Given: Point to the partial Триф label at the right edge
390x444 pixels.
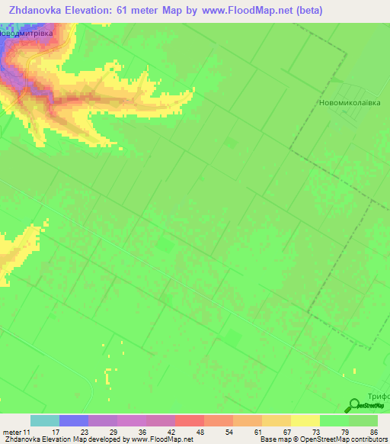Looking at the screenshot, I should pos(379,396).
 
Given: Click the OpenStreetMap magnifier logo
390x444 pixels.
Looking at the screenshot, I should pos(354,406).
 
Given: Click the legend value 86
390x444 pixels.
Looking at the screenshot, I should pos(373,431).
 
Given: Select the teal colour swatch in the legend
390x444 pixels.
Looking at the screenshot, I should pos(44,420).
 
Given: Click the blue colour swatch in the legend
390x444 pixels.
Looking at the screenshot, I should pos(73,420).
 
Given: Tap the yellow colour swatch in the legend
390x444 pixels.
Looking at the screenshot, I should pos(305,420).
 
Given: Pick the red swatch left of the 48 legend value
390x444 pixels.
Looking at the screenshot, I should pos(188,420).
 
